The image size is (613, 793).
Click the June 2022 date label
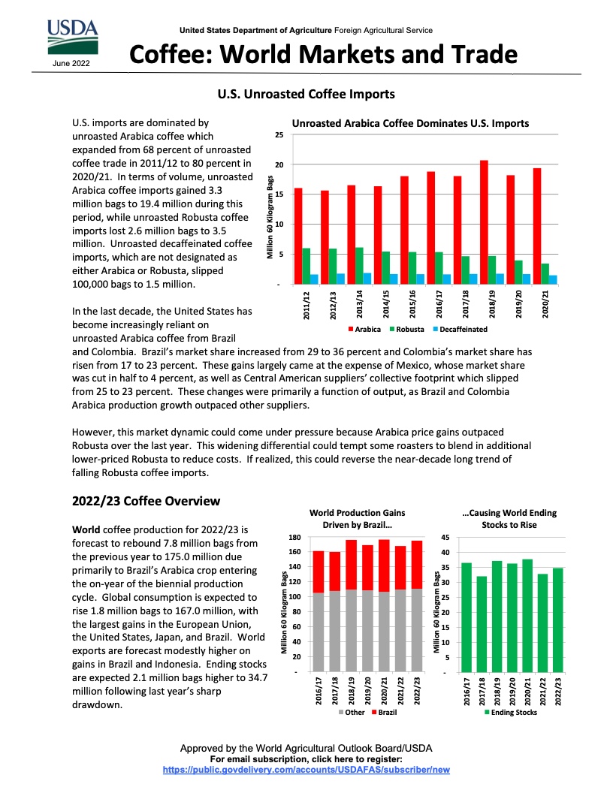(71, 63)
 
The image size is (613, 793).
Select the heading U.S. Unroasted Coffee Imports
(306, 95)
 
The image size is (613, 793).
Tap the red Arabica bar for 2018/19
(485, 222)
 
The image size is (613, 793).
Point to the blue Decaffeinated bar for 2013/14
(367, 279)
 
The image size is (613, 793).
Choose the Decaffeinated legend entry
(460, 330)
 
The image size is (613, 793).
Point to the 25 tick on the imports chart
(279, 135)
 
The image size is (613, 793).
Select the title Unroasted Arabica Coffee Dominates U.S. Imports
(410, 123)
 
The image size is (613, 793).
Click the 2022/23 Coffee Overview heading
(146, 501)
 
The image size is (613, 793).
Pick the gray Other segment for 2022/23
(417, 629)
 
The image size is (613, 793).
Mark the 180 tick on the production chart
(295, 538)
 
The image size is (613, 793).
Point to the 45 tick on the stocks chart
(444, 538)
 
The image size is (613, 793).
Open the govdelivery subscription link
(306, 770)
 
